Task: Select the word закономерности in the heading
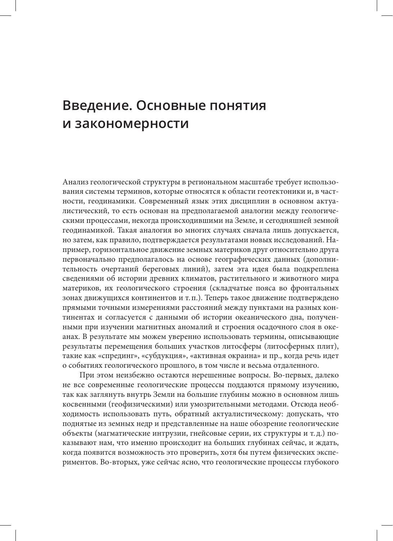[131, 123]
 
